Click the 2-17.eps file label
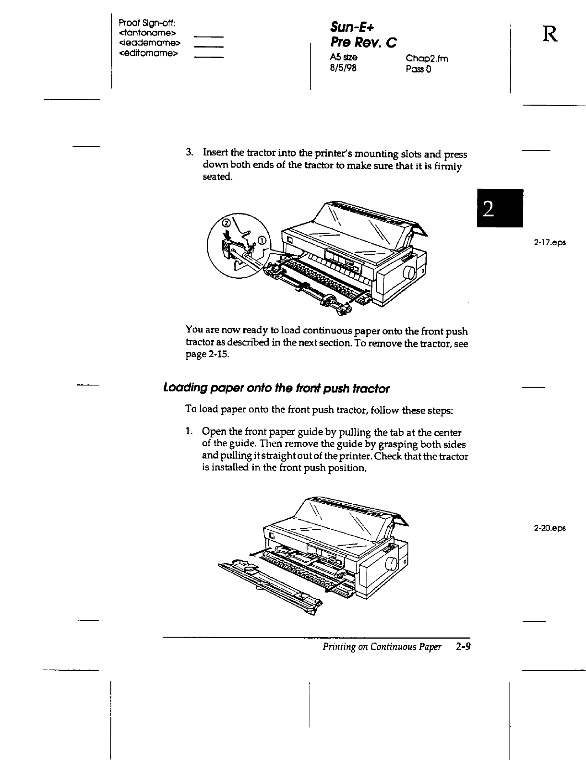click(x=550, y=243)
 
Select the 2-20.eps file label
click(x=550, y=528)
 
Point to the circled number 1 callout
click(x=262, y=240)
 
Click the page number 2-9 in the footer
click(x=463, y=647)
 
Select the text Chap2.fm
click(x=427, y=59)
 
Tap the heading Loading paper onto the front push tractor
click(x=276, y=388)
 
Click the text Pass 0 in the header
click(x=419, y=69)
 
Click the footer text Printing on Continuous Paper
click(x=382, y=647)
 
